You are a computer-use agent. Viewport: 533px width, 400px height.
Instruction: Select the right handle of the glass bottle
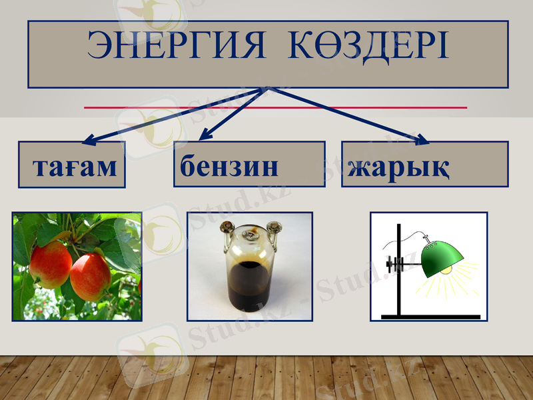tap(274, 231)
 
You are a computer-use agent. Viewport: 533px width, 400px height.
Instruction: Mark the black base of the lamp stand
tap(430, 315)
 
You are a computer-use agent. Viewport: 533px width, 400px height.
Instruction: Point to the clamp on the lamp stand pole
tap(398, 263)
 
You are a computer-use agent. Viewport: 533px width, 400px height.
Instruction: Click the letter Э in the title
tap(99, 46)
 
